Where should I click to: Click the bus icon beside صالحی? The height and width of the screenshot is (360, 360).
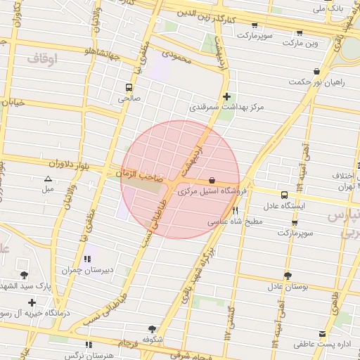pyautogui.click(x=128, y=87)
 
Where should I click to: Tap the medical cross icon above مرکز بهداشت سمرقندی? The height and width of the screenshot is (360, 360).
pyautogui.click(x=226, y=96)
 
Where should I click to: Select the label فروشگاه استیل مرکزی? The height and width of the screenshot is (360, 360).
pyautogui.click(x=216, y=190)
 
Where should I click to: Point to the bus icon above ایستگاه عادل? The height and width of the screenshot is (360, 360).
pyautogui.click(x=284, y=195)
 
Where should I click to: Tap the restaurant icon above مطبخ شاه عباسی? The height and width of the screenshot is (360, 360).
pyautogui.click(x=236, y=210)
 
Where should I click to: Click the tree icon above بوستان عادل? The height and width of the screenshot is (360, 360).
pyautogui.click(x=288, y=275)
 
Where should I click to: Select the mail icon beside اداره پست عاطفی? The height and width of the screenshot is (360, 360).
pyautogui.click(x=322, y=333)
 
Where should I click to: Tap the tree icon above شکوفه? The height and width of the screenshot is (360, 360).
pyautogui.click(x=152, y=328)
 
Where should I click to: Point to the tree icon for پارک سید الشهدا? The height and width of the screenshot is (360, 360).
pyautogui.click(x=25, y=274)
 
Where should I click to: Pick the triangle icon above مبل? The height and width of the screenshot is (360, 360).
pyautogui.click(x=47, y=179)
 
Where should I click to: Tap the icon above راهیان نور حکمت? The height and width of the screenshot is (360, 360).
pyautogui.click(x=317, y=71)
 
